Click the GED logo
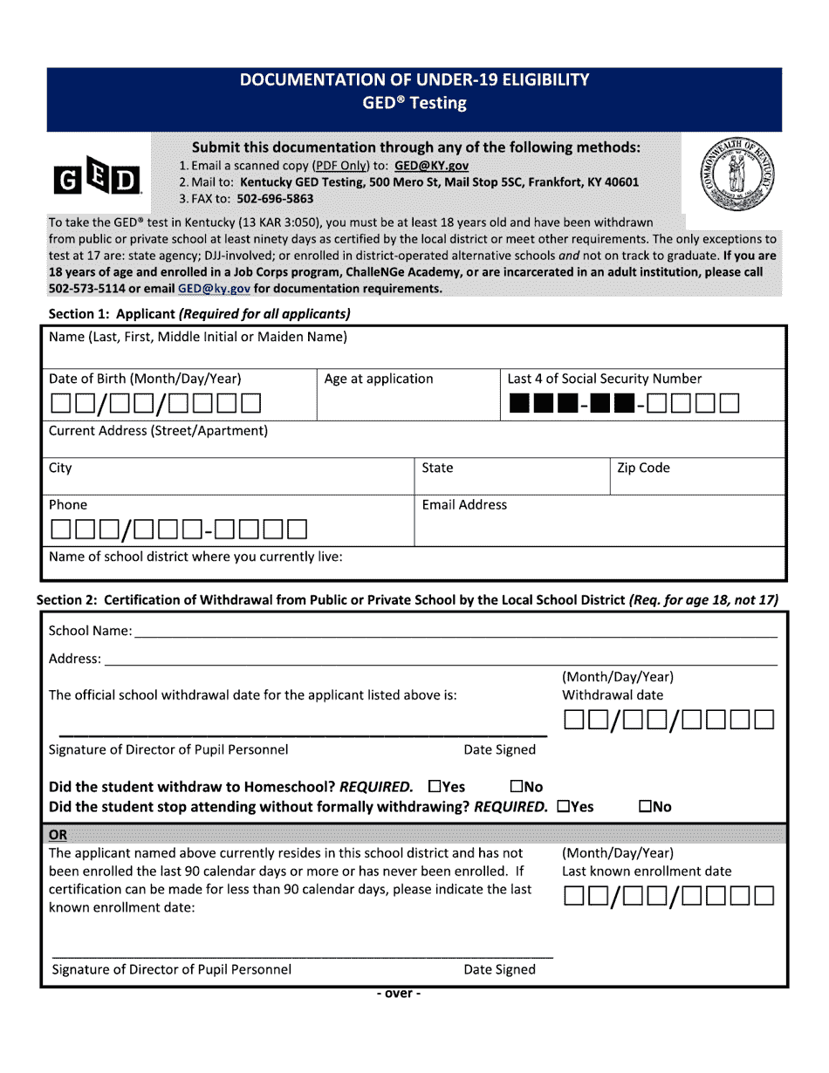[97, 180]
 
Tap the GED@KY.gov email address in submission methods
[431, 166]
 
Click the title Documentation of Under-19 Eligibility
[414, 80]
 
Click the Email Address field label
[464, 505]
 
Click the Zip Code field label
[643, 468]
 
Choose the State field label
[437, 468]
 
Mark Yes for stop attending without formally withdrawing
[563, 807]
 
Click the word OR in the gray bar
[58, 835]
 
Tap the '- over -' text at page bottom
[398, 994]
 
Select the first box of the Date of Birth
[61, 403]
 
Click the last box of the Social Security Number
[730, 403]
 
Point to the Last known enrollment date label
[647, 871]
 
